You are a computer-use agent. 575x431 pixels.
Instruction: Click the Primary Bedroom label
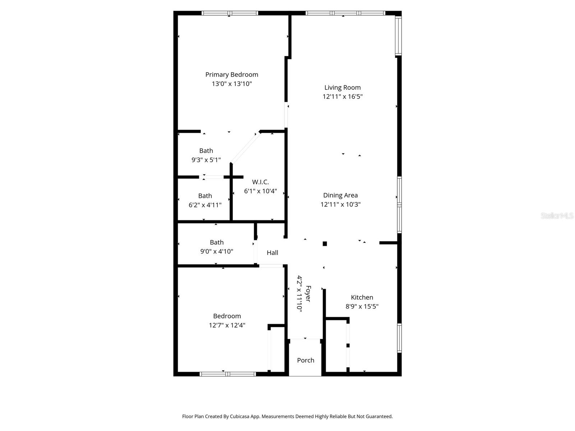click(231, 74)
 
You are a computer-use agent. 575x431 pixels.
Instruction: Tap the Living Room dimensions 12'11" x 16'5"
click(342, 97)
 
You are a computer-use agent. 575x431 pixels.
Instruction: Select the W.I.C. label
click(260, 182)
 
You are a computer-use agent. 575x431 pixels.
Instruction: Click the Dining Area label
click(340, 195)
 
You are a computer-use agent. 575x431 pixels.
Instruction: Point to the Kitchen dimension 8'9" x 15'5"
click(362, 306)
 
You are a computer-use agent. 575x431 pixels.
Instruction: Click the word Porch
click(305, 360)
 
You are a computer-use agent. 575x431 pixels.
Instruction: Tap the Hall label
click(272, 252)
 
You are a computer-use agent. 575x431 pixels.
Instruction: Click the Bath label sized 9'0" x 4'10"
click(217, 242)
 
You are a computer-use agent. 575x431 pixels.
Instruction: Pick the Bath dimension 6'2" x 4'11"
click(205, 205)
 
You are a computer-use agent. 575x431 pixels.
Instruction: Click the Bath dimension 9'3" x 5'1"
click(206, 160)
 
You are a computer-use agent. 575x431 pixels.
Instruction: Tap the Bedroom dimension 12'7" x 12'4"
click(227, 325)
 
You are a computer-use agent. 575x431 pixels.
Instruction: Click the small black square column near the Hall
click(325, 244)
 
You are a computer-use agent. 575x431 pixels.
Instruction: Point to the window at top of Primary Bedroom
click(230, 13)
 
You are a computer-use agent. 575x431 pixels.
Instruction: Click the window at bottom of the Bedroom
click(227, 374)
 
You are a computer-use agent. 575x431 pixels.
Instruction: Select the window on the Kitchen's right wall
click(399, 338)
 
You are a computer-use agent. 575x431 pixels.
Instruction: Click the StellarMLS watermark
click(557, 215)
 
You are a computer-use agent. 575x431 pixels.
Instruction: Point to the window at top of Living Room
click(345, 13)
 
